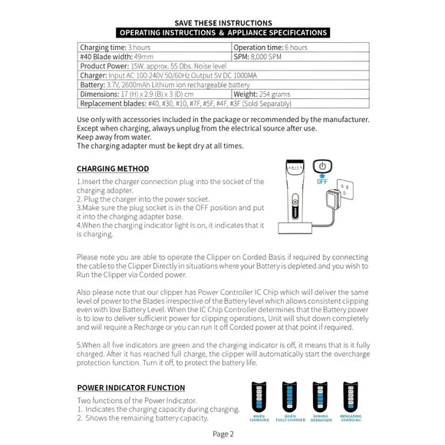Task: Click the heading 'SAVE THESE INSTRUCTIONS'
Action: (222, 23)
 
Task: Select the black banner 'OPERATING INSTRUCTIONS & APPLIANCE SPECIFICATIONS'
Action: (222, 33)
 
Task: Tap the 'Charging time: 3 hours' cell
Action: (116, 48)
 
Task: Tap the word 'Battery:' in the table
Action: (92, 84)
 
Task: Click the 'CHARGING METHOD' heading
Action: (113, 169)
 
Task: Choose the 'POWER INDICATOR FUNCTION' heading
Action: (130, 387)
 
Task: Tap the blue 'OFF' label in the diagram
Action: (323, 181)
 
